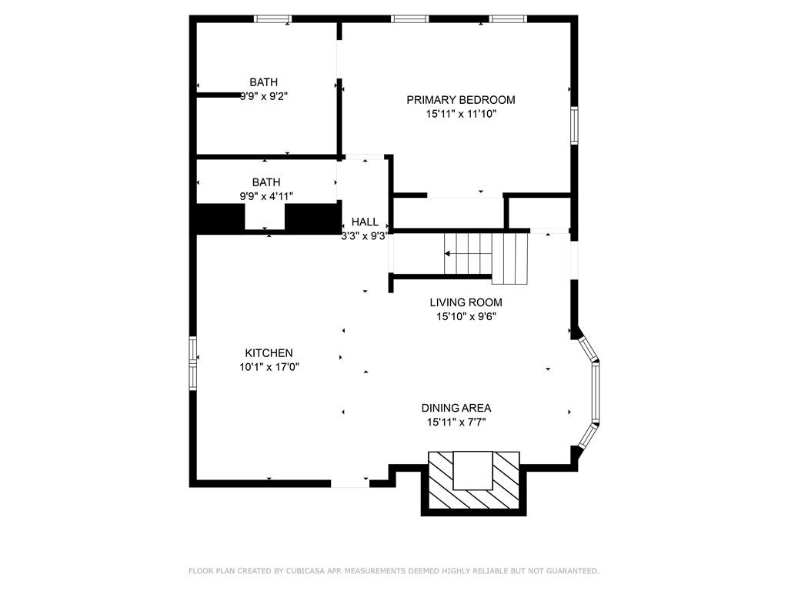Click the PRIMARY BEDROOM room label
461,100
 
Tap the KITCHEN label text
269,353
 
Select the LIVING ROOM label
466,302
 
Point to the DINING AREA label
456,408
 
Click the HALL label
365,222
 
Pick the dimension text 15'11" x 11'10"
462,114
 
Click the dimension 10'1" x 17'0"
269,367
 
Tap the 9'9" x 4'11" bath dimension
266,196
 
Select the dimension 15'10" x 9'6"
466,316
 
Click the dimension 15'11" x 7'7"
456,422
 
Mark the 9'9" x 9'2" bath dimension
264,96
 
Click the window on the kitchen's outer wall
193,363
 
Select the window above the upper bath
273,19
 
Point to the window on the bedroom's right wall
574,125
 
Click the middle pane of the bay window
596,392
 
